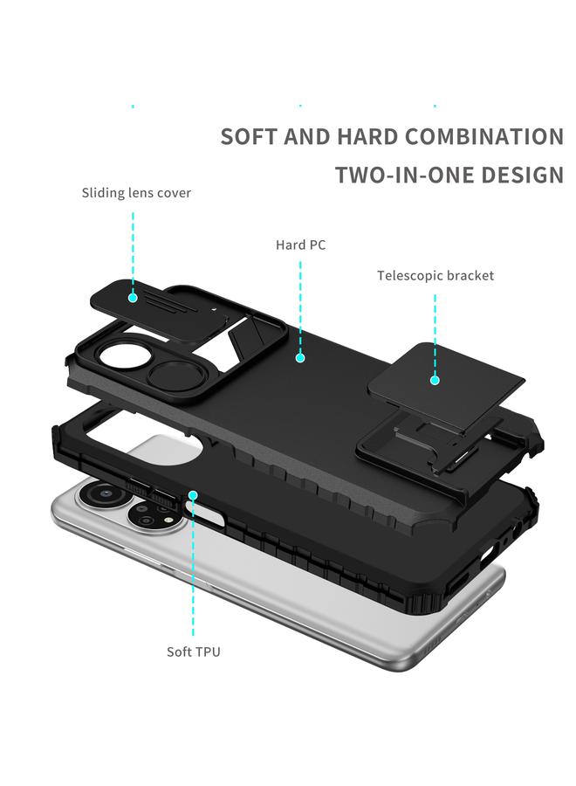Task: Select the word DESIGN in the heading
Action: point(519,175)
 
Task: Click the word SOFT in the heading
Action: point(251,137)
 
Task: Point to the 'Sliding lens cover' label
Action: point(136,193)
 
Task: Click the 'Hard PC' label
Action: point(300,245)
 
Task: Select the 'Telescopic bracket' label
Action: point(435,276)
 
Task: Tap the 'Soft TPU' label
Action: point(194,652)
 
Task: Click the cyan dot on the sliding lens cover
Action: point(133,297)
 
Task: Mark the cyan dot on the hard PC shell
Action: point(299,357)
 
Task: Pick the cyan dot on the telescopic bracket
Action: point(435,379)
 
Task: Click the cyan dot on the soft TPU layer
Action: point(193,495)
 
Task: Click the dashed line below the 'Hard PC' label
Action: point(299,306)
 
